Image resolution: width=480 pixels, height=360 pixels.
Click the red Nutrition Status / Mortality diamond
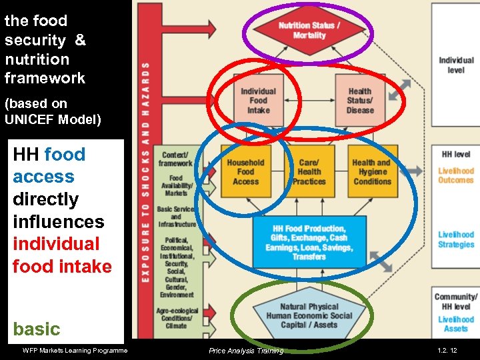coord(309,31)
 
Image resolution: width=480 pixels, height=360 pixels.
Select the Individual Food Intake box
coord(258,101)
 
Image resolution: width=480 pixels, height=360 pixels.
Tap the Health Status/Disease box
coord(360,101)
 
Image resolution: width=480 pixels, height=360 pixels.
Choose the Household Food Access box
coord(245,172)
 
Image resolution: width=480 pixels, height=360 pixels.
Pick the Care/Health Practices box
coord(309,172)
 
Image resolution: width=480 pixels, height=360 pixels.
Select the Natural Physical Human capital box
coord(309,316)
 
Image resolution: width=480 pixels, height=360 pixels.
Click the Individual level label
coord(456,65)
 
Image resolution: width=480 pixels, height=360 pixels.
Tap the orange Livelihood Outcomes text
coord(456,175)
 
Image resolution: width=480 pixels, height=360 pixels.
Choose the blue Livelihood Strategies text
coord(456,239)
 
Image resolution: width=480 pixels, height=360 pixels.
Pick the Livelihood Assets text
coord(456,323)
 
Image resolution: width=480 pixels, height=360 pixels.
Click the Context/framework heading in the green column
coord(175,159)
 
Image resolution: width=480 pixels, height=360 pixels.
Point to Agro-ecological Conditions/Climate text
coord(176,317)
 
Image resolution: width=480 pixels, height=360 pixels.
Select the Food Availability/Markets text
coord(176,185)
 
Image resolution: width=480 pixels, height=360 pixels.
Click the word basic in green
coord(37,329)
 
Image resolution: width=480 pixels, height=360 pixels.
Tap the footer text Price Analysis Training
coord(245,351)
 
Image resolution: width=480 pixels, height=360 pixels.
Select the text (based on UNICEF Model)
coord(53,111)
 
